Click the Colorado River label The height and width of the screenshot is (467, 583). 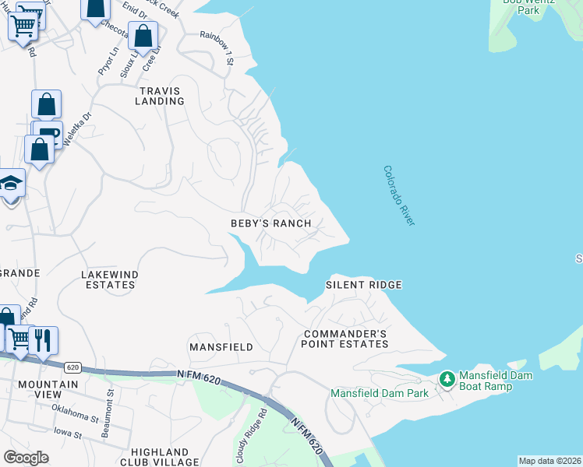[399, 196]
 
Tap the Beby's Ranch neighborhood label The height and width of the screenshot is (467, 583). [270, 223]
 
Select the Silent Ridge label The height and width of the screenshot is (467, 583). [363, 285]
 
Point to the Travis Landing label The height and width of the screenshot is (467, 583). [161, 96]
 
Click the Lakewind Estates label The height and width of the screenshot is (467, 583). [108, 279]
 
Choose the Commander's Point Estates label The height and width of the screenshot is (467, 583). [344, 339]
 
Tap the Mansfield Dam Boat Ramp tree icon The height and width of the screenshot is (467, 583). [447, 380]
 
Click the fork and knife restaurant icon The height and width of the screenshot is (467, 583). [43, 339]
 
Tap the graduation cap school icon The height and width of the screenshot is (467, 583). [11, 183]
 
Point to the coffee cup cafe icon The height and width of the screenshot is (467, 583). [48, 132]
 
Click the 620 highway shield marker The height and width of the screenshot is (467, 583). [72, 367]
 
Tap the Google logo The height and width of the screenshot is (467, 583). [26, 458]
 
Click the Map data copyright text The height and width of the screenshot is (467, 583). [549, 461]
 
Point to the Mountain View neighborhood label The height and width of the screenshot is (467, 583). [48, 390]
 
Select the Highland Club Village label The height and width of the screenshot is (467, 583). [160, 457]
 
